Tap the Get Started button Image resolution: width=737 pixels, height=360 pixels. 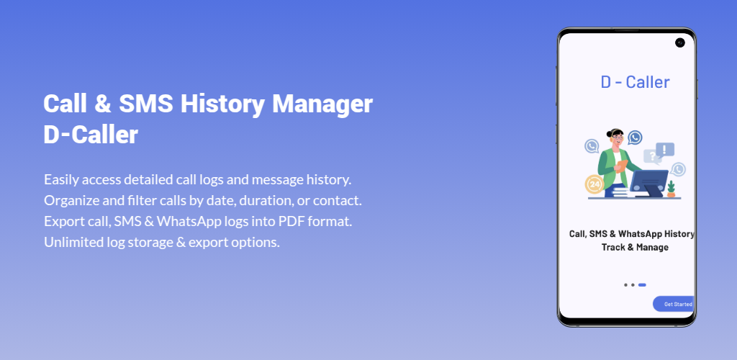[x=674, y=304]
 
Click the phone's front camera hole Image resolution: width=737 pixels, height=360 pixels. [x=680, y=42]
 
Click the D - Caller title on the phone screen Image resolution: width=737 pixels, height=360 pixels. [x=635, y=82]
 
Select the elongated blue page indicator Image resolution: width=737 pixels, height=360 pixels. [x=642, y=285]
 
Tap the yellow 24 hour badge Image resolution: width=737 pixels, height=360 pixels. [x=594, y=184]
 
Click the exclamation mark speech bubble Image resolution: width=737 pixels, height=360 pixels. [x=664, y=150]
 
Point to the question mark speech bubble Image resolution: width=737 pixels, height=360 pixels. [x=652, y=156]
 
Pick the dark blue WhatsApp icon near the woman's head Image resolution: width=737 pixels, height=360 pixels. [x=635, y=138]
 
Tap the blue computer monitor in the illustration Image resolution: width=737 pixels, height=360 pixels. [x=648, y=182]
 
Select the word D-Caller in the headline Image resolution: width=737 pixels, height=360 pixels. [x=91, y=135]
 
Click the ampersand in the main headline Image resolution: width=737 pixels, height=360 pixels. [x=102, y=104]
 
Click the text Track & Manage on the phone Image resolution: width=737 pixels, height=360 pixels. [x=635, y=247]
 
